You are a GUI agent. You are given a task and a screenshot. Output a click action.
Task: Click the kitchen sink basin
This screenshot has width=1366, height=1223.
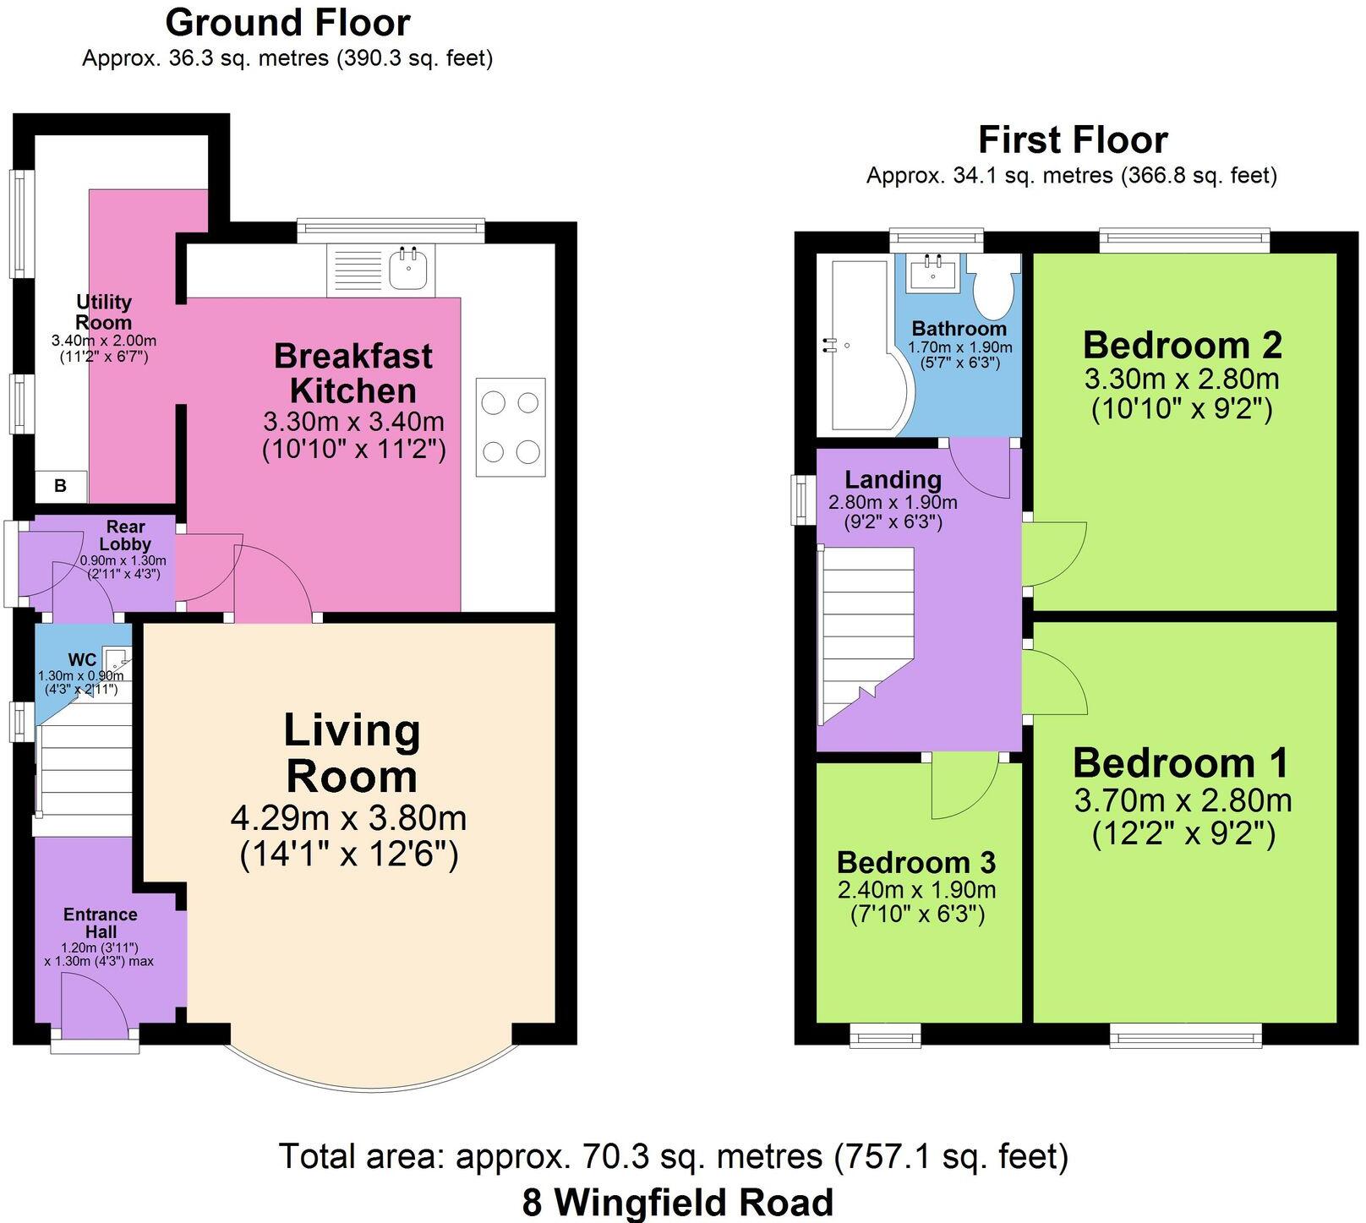(x=409, y=270)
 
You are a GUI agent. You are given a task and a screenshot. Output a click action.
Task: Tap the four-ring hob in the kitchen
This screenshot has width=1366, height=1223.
(x=511, y=427)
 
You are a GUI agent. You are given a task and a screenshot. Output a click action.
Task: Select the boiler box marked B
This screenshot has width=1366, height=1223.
(x=60, y=485)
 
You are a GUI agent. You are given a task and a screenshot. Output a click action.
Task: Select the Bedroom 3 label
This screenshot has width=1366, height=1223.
(x=916, y=862)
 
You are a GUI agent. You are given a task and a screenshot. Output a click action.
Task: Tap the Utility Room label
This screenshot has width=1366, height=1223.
(x=103, y=312)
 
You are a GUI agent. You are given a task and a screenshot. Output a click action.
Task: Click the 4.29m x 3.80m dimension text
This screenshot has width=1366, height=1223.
(x=348, y=818)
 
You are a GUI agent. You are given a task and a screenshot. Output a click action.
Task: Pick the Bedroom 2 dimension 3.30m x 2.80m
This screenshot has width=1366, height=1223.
(x=1182, y=378)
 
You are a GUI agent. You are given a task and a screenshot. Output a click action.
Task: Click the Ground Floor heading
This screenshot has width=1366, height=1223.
(x=287, y=23)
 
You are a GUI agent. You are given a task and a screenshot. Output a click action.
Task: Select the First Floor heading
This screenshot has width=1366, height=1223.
(x=1072, y=139)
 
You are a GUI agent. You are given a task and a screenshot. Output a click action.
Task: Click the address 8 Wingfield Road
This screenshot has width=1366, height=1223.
(x=677, y=1202)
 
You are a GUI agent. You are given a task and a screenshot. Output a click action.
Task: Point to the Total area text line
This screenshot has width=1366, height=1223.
(x=673, y=1155)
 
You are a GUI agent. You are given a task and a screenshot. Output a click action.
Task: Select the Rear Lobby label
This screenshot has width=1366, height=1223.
(x=125, y=535)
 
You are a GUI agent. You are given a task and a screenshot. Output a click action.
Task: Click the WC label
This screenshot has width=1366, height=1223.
(x=82, y=659)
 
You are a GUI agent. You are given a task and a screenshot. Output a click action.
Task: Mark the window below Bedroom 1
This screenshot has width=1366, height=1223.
(x=1185, y=1035)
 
